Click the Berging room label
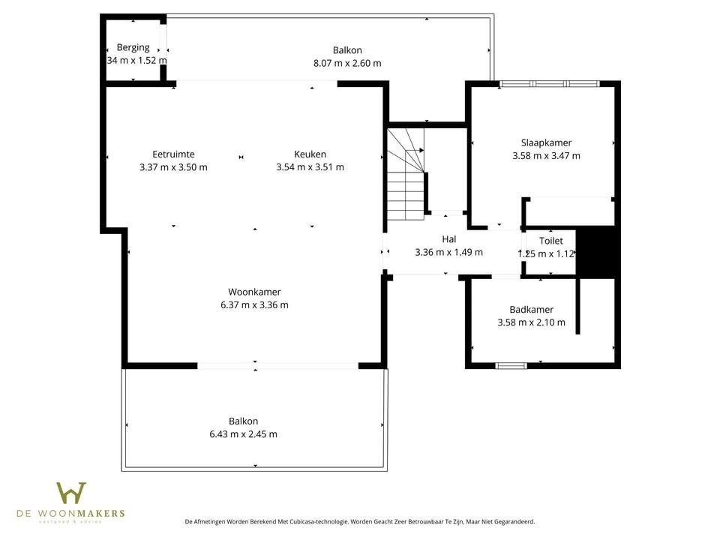pyautogui.click(x=133, y=47)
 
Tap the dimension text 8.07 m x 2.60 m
pyautogui.click(x=346, y=63)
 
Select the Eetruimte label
pyautogui.click(x=173, y=154)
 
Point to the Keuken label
pyautogui.click(x=310, y=154)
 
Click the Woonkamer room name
pyautogui.click(x=254, y=292)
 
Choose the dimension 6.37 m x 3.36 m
pyautogui.click(x=254, y=304)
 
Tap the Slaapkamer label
pyautogui.click(x=546, y=142)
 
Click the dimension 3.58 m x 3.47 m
pyautogui.click(x=546, y=156)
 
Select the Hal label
pyautogui.click(x=448, y=239)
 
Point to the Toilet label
pyautogui.click(x=550, y=241)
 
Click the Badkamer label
pyautogui.click(x=531, y=309)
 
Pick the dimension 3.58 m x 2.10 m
pyautogui.click(x=531, y=322)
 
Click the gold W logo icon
pyautogui.click(x=71, y=493)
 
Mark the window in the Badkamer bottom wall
pyautogui.click(x=511, y=365)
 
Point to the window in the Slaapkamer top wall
pyautogui.click(x=549, y=83)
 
